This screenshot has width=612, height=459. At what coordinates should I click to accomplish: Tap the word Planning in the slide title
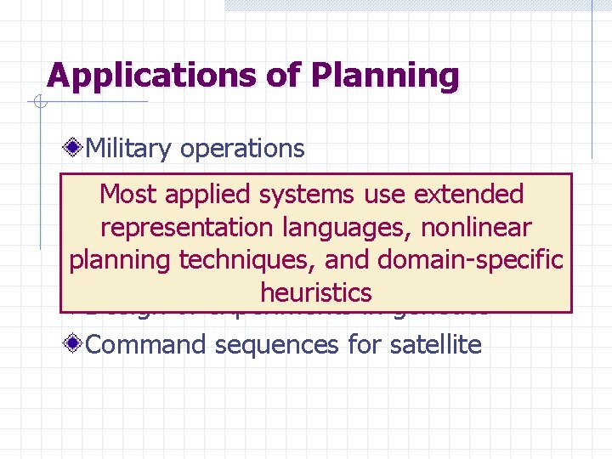click(385, 76)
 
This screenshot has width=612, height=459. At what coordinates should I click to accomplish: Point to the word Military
click(130, 149)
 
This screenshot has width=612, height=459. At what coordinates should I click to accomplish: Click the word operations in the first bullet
click(242, 149)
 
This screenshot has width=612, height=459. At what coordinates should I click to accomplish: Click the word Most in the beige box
click(128, 195)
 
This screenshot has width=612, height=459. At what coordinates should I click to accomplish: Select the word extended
click(468, 195)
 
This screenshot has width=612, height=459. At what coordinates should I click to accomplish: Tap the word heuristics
click(316, 293)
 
